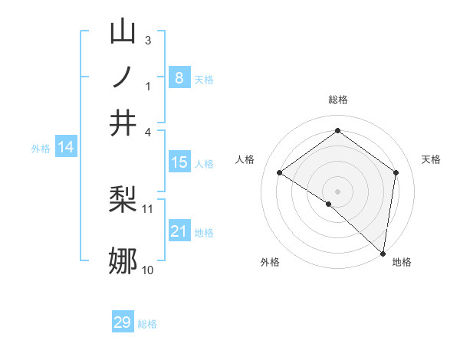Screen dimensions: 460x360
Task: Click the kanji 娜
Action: click(x=123, y=261)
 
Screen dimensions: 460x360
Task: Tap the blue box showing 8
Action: click(x=179, y=77)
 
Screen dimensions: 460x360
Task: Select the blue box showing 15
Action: click(x=179, y=162)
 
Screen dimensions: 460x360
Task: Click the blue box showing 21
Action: click(x=179, y=231)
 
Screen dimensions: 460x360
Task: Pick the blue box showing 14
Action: click(x=66, y=147)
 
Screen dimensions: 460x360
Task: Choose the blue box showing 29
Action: click(x=123, y=322)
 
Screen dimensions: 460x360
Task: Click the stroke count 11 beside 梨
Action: click(x=148, y=208)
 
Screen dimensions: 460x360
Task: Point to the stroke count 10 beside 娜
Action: click(x=147, y=270)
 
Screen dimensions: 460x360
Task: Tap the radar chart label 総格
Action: click(x=337, y=100)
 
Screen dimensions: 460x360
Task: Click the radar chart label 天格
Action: click(x=431, y=159)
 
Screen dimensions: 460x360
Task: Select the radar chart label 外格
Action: click(x=270, y=262)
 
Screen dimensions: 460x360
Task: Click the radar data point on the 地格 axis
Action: click(x=383, y=254)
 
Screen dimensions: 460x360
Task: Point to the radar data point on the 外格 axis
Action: click(x=329, y=204)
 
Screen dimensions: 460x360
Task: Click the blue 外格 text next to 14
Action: click(x=40, y=149)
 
